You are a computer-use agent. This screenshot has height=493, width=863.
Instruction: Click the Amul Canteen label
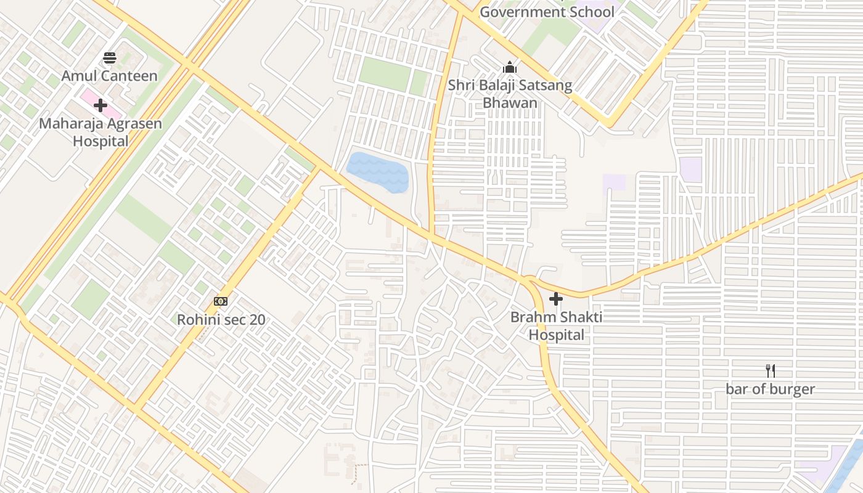coord(109,76)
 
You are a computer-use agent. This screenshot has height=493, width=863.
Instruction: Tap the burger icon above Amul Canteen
coord(110,59)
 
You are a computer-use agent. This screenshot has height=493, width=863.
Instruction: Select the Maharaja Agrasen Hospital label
coord(100,132)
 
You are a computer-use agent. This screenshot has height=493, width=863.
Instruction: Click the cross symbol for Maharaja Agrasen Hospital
coord(100,105)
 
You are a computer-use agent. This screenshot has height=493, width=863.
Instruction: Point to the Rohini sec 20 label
coord(221,320)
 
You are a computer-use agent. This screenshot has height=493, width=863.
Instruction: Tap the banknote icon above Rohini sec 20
coord(221,301)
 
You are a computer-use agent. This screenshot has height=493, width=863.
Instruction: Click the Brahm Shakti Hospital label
coord(556,326)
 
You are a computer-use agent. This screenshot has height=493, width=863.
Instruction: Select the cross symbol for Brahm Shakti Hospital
coord(556,299)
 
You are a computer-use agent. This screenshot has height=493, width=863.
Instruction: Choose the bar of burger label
coord(770,389)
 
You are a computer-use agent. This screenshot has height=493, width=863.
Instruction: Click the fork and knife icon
coord(770,370)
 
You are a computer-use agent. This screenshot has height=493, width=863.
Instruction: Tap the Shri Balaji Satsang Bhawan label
coord(510,94)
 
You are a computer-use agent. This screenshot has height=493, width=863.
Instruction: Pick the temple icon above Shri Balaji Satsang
coord(510,67)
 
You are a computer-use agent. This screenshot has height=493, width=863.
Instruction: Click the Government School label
coord(547,12)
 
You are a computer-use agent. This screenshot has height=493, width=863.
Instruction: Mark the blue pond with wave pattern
coord(378,173)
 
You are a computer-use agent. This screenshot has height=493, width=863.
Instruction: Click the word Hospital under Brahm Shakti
coord(556,335)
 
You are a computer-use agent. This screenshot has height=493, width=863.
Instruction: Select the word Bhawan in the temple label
coord(510,102)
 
